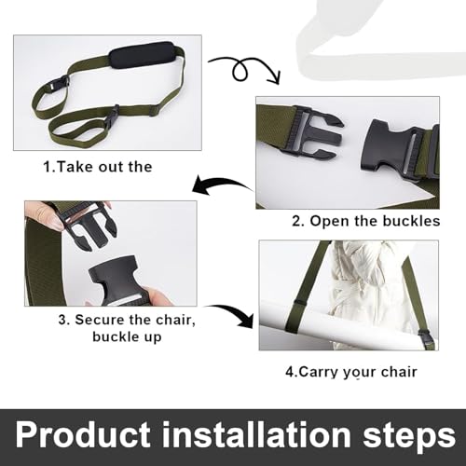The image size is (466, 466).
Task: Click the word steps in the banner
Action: click(x=403, y=435)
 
